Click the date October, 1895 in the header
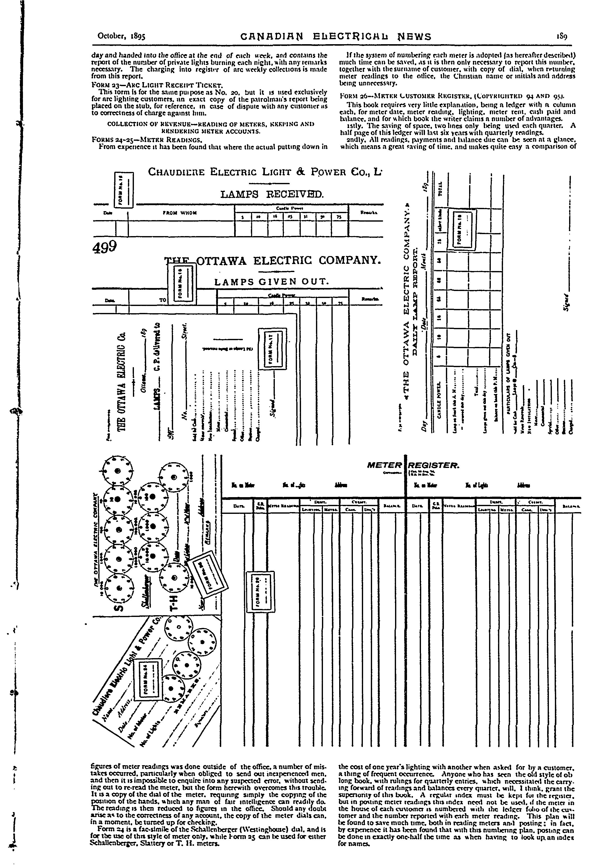click(x=122, y=36)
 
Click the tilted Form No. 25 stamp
click(x=209, y=576)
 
